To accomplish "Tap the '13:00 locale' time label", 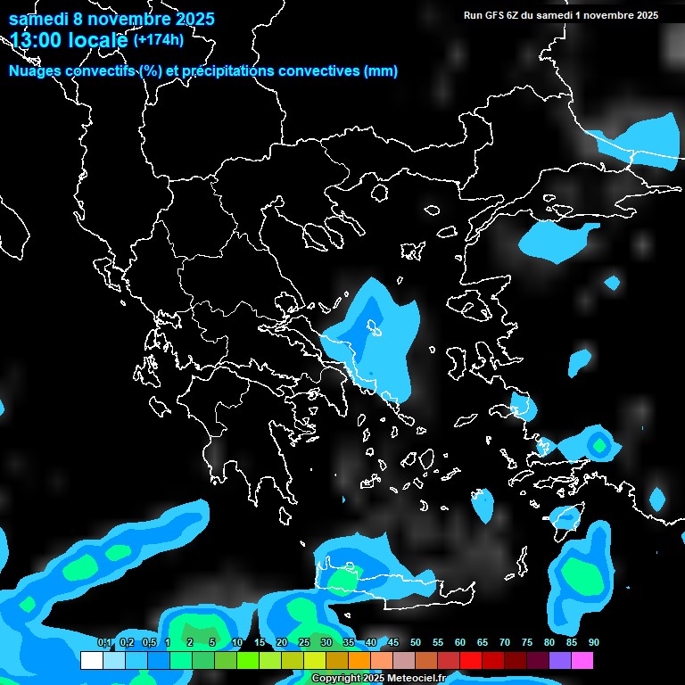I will pyautogui.click(x=70, y=40).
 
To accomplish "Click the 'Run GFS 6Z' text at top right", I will pyautogui.click(x=493, y=15).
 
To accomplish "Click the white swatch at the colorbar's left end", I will pyautogui.click(x=91, y=661).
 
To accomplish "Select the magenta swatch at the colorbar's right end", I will pyautogui.click(x=582, y=661).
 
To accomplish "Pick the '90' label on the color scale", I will pyautogui.click(x=593, y=642).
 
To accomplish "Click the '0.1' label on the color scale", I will pyautogui.click(x=104, y=642).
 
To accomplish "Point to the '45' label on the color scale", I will pyautogui.click(x=393, y=642).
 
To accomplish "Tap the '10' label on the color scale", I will pyautogui.click(x=237, y=642).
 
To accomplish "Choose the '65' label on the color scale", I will pyautogui.click(x=483, y=642).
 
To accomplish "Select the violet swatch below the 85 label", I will pyautogui.click(x=559, y=661).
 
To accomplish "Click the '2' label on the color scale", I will pyautogui.click(x=190, y=642).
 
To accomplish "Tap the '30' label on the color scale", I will pyautogui.click(x=326, y=642).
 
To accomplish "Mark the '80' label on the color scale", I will pyautogui.click(x=549, y=642).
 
